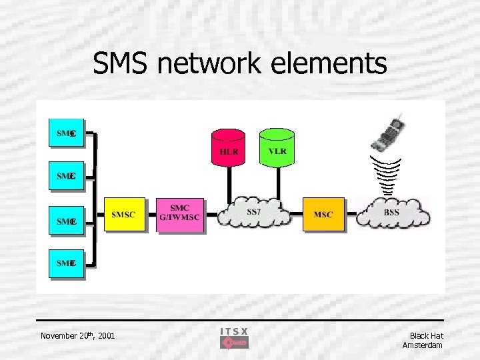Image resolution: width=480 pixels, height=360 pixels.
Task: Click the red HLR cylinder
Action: (229, 147)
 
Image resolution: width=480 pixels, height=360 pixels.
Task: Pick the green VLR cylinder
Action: (277, 147)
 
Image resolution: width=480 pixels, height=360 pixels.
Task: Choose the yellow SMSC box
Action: (123, 214)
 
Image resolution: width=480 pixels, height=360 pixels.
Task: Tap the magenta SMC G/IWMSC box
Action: (179, 214)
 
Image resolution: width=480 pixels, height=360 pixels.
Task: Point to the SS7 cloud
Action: (254, 213)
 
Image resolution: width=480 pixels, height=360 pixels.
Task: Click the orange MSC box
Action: (323, 214)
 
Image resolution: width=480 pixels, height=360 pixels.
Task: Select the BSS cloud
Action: (391, 213)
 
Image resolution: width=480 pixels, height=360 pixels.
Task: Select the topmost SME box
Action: (66, 134)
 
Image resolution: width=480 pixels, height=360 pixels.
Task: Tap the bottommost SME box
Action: (66, 263)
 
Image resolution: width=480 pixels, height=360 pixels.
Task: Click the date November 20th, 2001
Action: (77, 335)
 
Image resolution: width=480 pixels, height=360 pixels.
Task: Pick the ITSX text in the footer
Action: (234, 331)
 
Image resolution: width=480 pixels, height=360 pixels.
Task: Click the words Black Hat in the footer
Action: (426, 335)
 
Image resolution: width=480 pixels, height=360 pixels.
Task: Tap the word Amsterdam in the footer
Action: (423, 345)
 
